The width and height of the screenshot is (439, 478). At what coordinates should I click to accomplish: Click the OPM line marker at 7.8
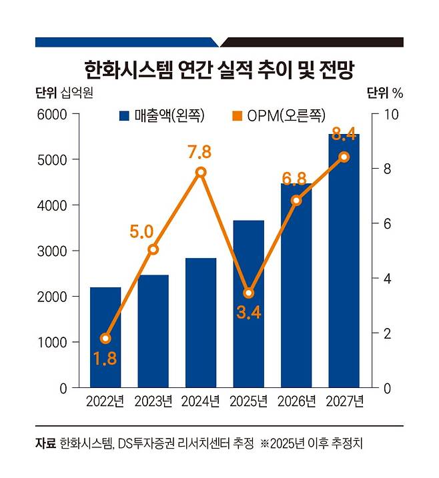[x=201, y=172]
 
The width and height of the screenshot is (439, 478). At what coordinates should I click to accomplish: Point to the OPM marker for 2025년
[x=248, y=293]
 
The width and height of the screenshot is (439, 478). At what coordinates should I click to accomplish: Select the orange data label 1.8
[x=105, y=358]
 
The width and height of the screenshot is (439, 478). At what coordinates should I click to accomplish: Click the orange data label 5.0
[x=142, y=232]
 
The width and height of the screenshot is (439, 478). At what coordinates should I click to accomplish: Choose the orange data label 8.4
[x=343, y=135]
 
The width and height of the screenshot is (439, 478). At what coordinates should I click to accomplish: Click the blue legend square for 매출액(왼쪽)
[x=123, y=116]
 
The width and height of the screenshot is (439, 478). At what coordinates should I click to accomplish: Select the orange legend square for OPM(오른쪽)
[x=236, y=116]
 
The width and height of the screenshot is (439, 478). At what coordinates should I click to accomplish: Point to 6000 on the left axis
[x=54, y=115]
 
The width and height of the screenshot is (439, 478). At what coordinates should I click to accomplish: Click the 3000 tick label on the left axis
[x=54, y=251]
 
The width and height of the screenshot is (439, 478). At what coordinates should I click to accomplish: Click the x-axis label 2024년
[x=201, y=401]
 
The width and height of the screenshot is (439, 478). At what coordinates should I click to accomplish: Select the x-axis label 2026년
[x=296, y=401]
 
